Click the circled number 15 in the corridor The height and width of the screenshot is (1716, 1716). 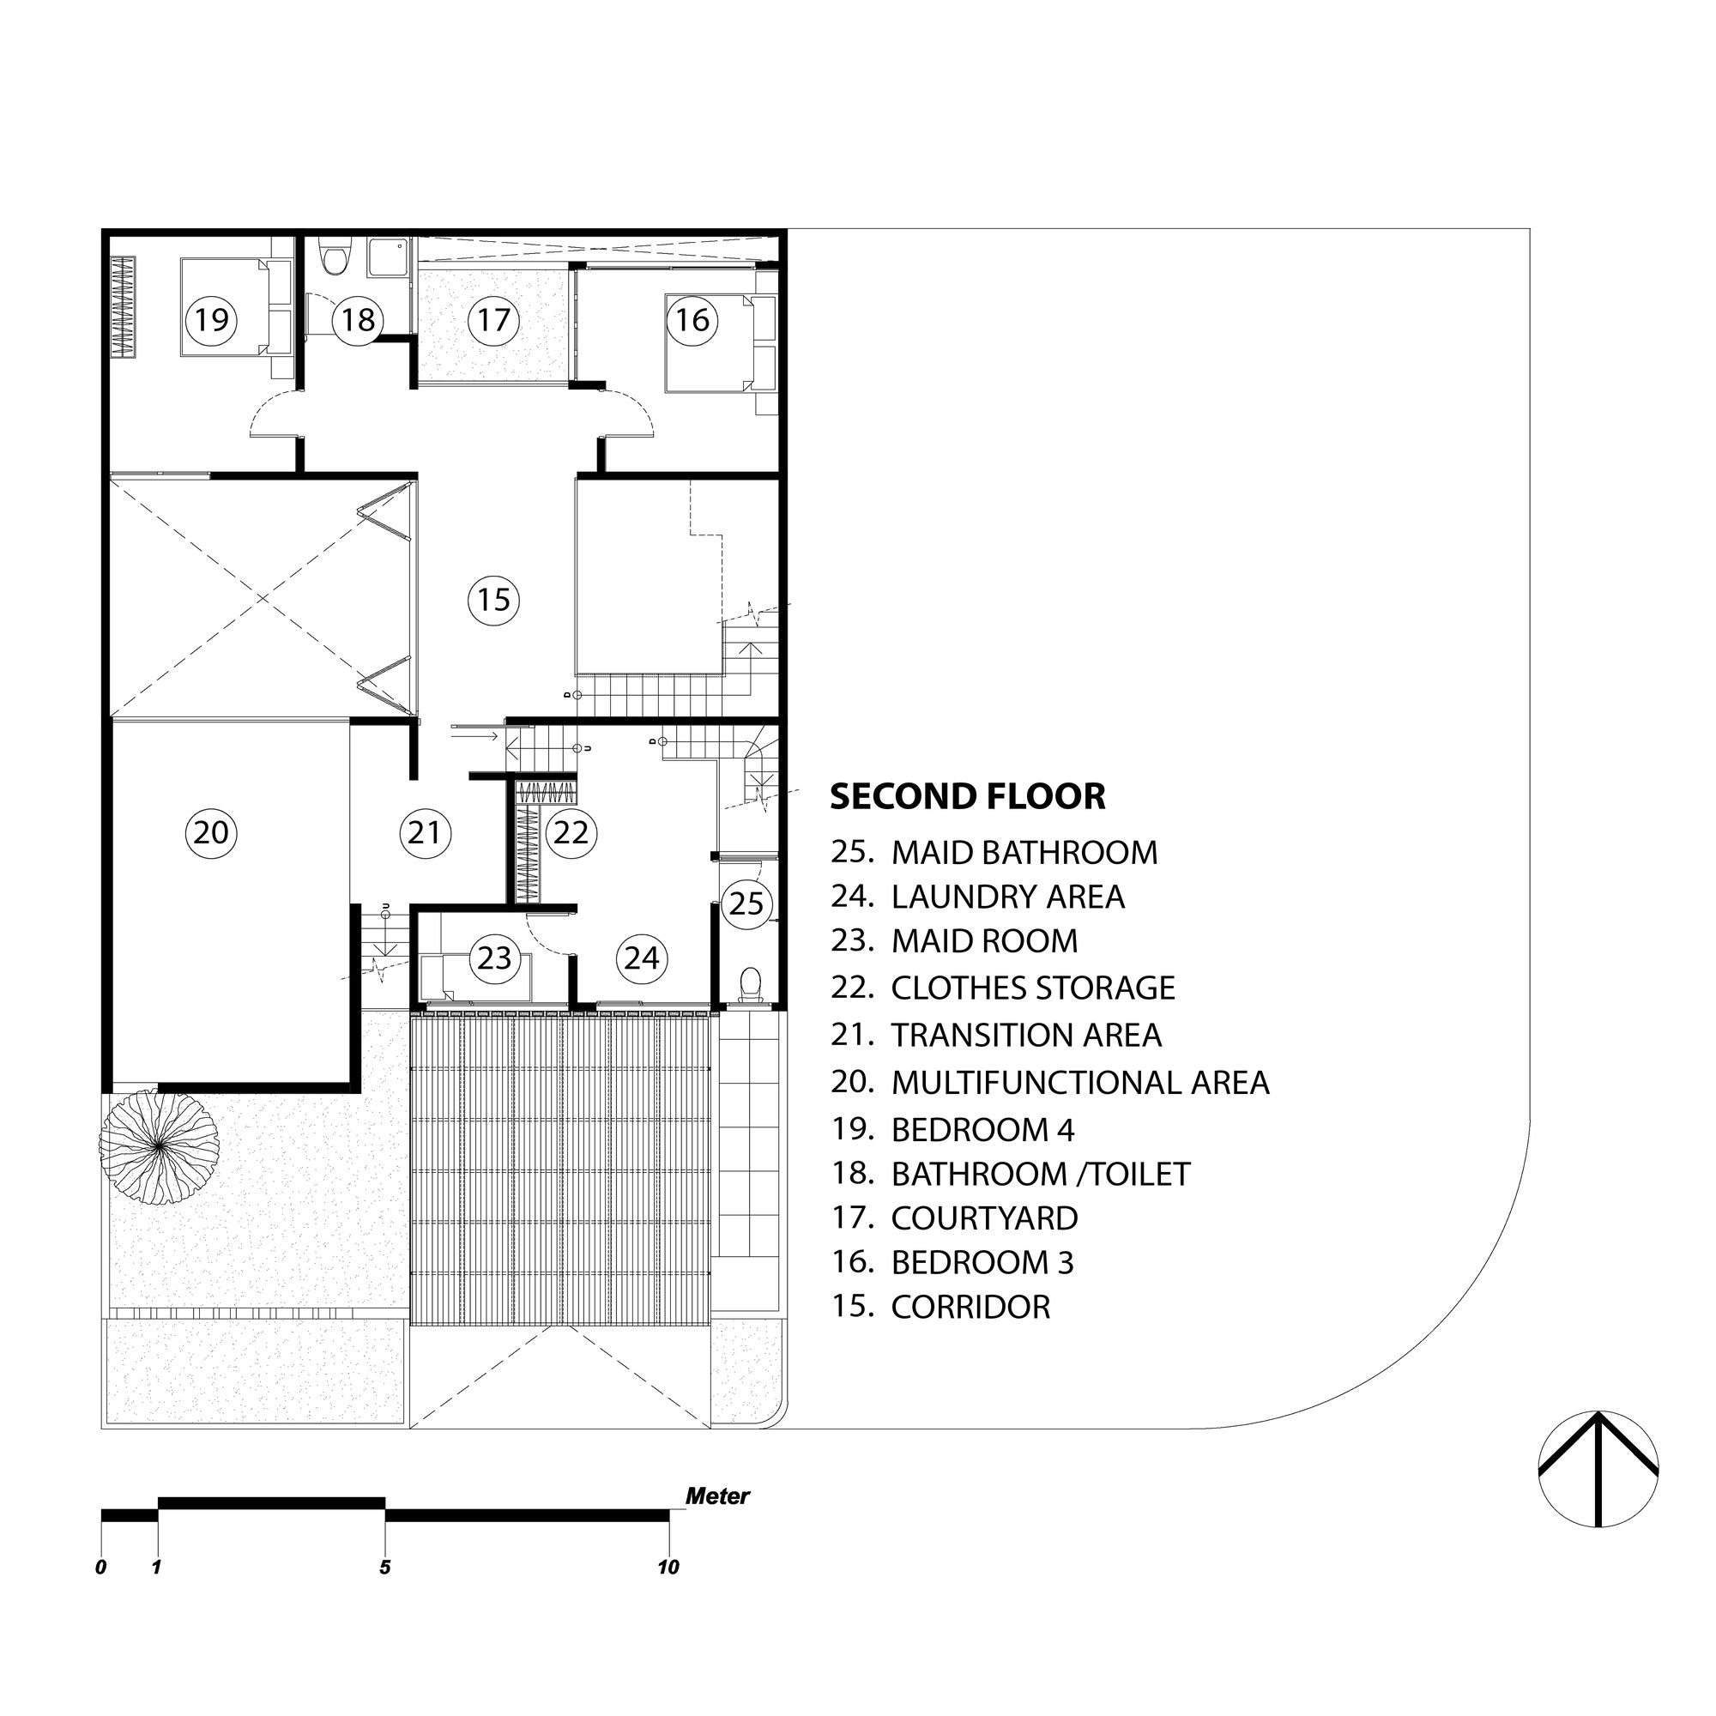[x=494, y=601]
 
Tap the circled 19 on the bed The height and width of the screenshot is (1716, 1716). [x=211, y=318]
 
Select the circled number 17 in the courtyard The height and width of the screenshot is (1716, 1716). [x=494, y=318]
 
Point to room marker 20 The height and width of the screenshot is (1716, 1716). [x=211, y=832]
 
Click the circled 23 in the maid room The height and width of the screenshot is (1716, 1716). [x=494, y=958]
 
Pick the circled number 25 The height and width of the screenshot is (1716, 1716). [x=746, y=903]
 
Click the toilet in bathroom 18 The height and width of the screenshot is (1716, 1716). [x=335, y=259]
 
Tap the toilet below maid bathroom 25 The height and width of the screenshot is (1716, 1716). [x=751, y=984]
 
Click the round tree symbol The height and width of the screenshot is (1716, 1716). [x=159, y=1146]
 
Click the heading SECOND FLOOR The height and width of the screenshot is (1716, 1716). [x=967, y=796]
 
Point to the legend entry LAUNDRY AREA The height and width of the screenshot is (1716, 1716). [x=1007, y=897]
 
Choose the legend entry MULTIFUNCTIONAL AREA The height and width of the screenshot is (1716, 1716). [x=1079, y=1082]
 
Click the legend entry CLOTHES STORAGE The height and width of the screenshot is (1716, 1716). [x=1032, y=988]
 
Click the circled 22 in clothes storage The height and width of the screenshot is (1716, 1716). [x=571, y=832]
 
